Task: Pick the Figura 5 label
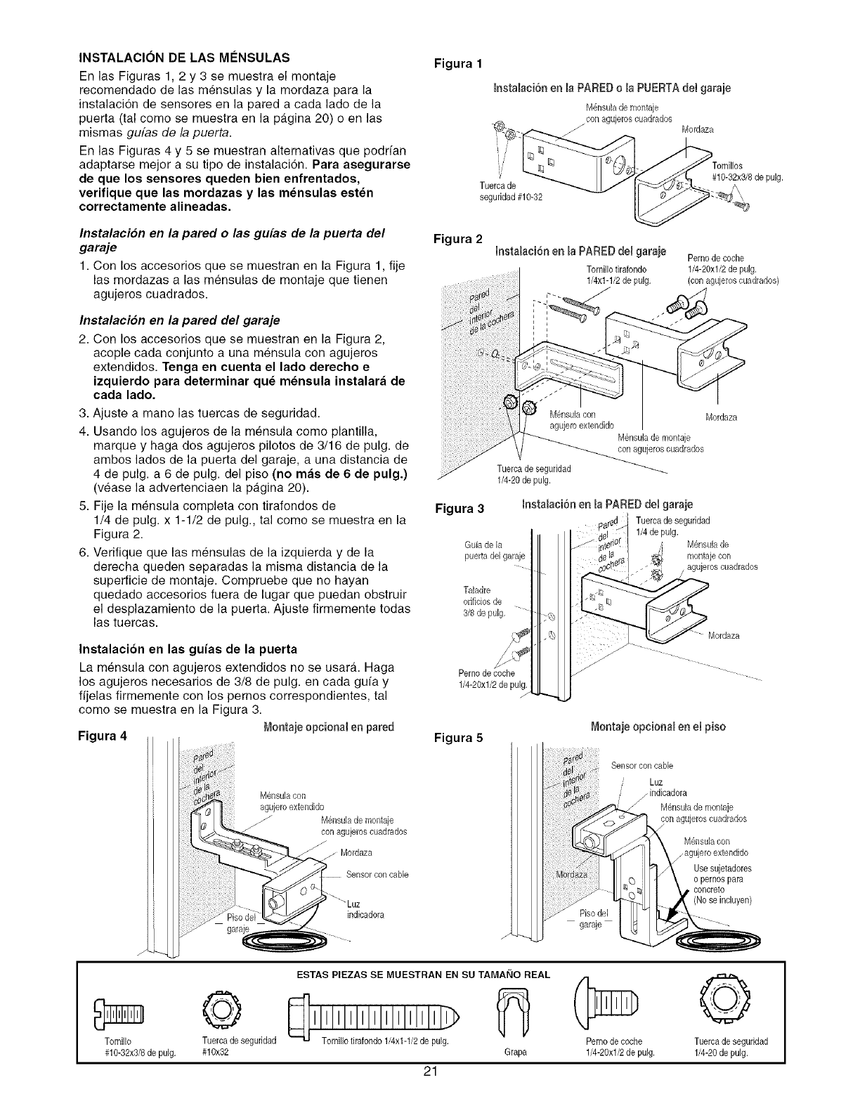pyautogui.click(x=457, y=738)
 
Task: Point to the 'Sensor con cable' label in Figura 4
pyautogui.click(x=377, y=875)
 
